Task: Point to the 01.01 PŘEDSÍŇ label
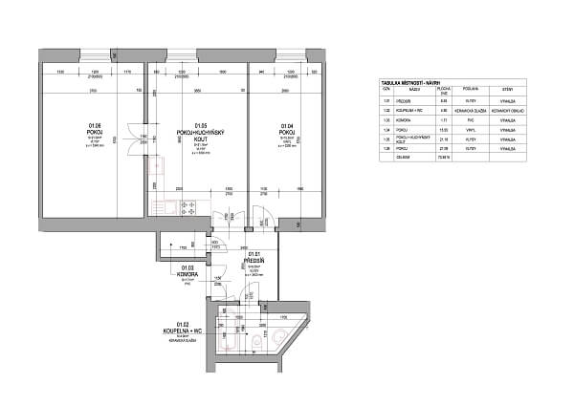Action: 255,257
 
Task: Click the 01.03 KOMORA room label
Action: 187,271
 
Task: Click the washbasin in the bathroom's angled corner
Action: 279,336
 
